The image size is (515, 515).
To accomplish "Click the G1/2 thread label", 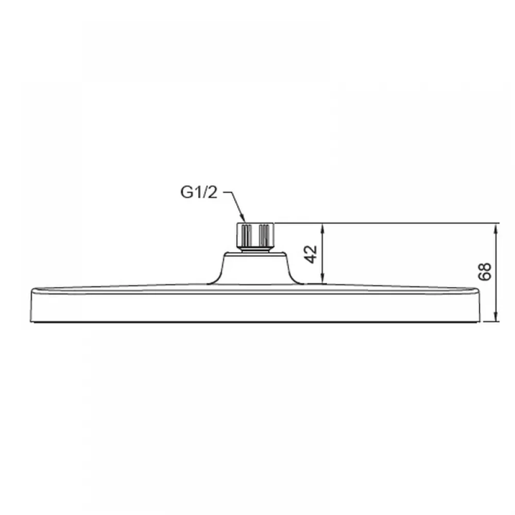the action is [x=199, y=193].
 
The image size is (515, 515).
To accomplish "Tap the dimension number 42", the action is [x=311, y=254].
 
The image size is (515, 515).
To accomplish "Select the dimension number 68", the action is [x=485, y=271].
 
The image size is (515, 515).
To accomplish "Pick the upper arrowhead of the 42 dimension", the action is [x=323, y=228].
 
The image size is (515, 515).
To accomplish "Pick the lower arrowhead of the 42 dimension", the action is [x=323, y=279].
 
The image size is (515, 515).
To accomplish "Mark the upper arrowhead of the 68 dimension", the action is [x=496, y=228].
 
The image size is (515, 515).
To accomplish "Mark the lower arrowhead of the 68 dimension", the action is [x=496, y=317].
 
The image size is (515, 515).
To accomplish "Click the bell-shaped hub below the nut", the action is [x=255, y=268].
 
